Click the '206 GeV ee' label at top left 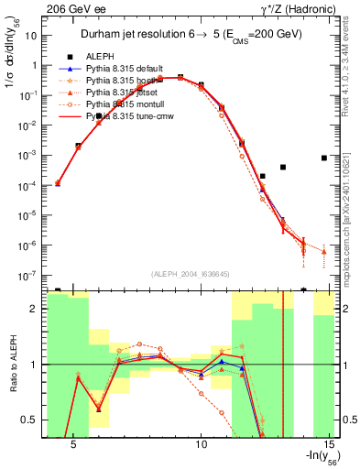coord(71,7)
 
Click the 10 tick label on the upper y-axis coord(32,36)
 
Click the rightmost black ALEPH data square coord(324,158)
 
